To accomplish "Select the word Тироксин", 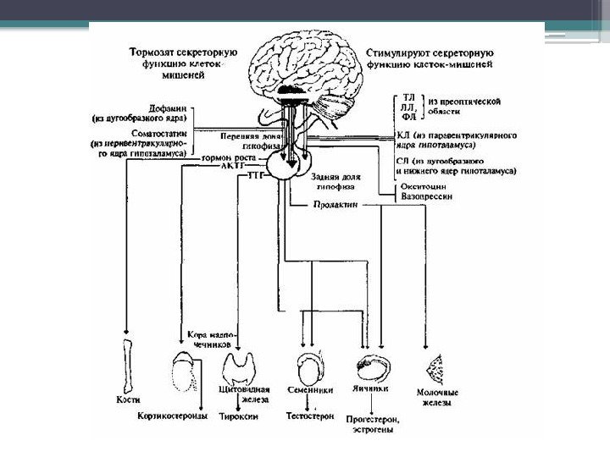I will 240,416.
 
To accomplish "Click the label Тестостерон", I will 311,416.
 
